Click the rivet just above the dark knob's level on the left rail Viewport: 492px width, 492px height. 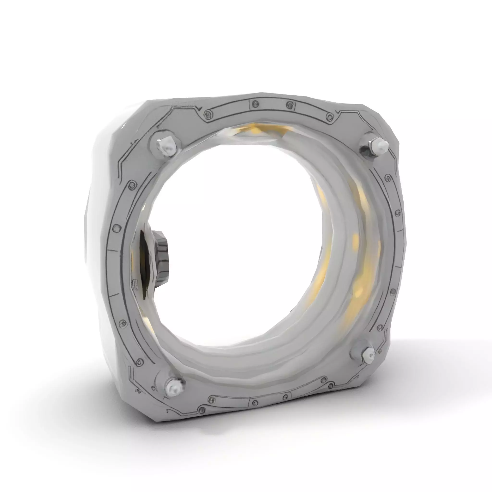coord(116,228)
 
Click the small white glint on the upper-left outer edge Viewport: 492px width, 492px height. coord(124,126)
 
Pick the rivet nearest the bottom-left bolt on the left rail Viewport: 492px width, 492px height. coord(139,361)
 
